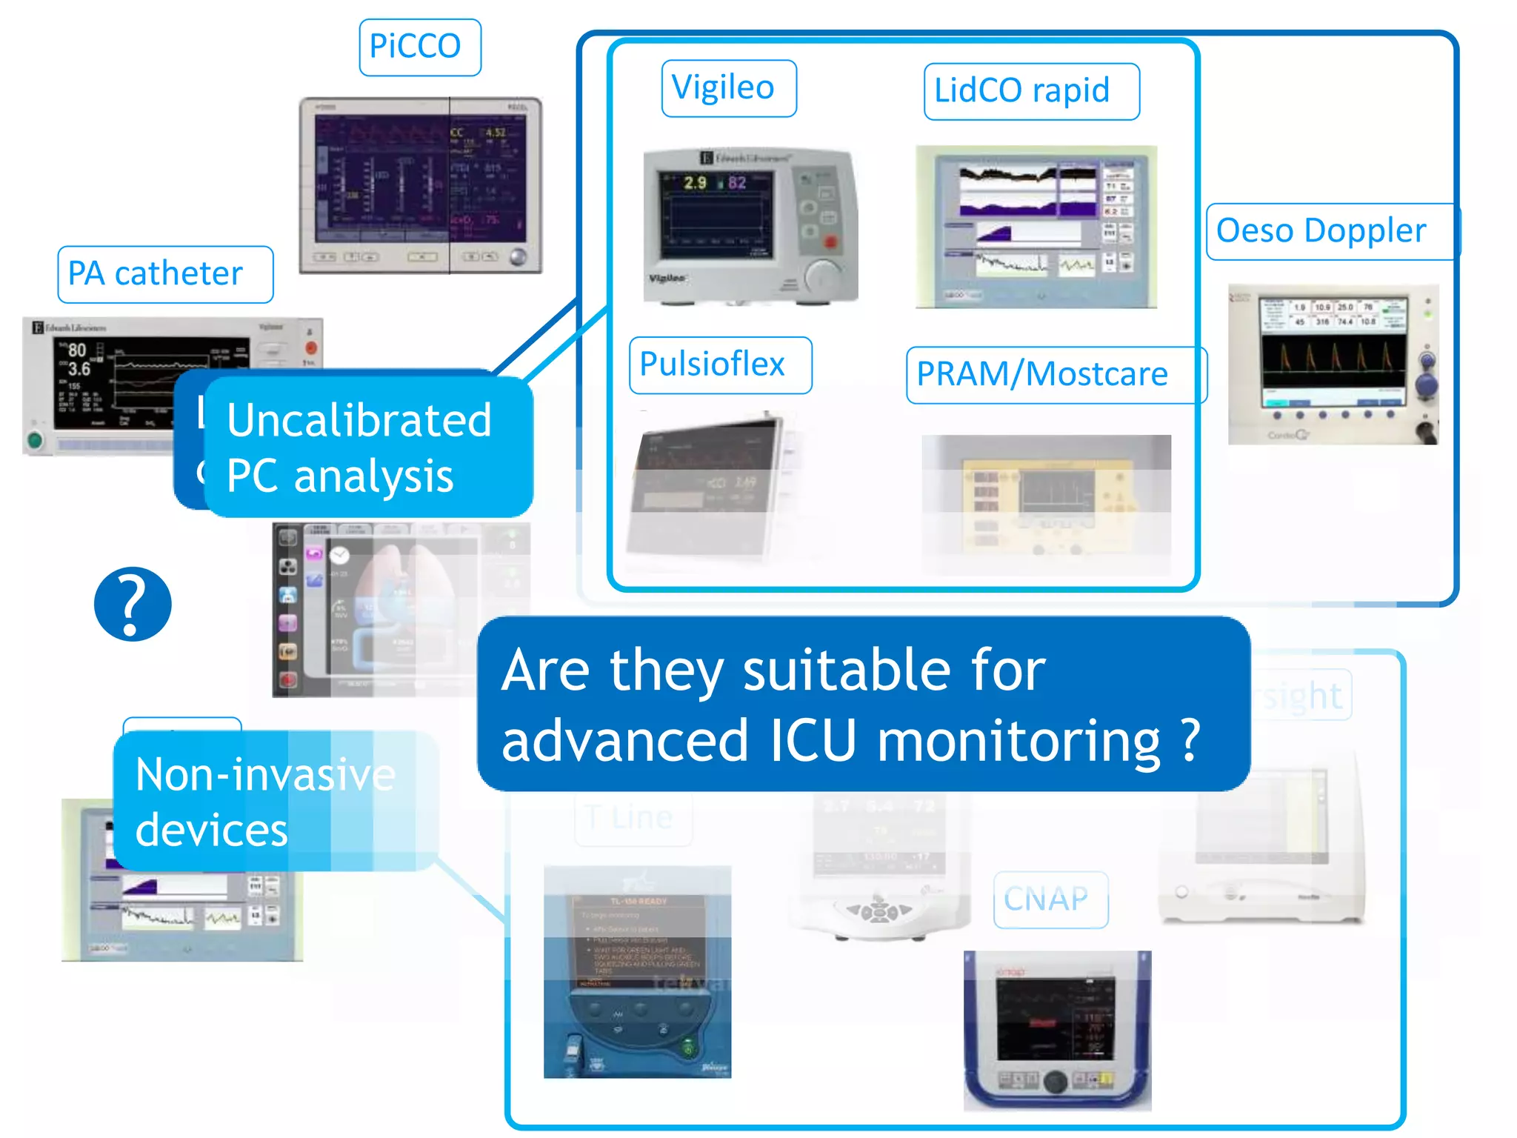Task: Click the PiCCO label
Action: coord(419,47)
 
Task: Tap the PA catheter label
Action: coord(164,274)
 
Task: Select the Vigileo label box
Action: coord(728,88)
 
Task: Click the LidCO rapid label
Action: coord(1030,91)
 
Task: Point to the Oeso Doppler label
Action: coord(1330,231)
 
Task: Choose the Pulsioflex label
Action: coord(719,365)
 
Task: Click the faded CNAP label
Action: coord(1050,899)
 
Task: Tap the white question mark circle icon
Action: coord(133,603)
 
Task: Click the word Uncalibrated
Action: coord(359,421)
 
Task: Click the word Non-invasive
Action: coord(265,775)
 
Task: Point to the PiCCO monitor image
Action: coord(420,185)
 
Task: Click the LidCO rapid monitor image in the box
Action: coord(1036,226)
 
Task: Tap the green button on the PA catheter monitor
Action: coord(34,440)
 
